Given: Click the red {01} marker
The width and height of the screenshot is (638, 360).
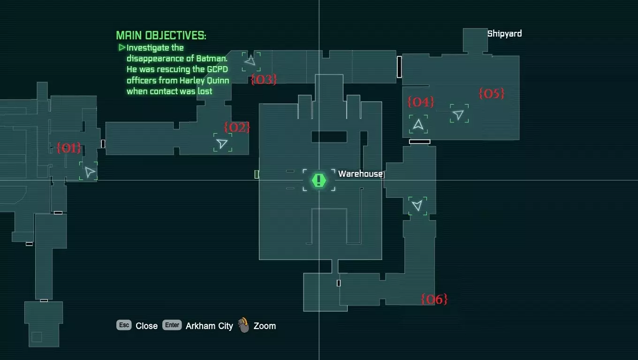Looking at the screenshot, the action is (x=68, y=148).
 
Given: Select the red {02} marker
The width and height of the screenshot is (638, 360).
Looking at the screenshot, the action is (x=237, y=127).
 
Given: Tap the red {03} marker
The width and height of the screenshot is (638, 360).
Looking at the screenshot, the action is (x=264, y=80).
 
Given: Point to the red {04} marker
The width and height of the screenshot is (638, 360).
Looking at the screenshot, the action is (x=421, y=102).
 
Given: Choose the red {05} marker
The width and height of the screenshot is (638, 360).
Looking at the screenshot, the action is (x=491, y=94).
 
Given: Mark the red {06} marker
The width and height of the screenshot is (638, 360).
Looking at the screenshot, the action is (x=434, y=299).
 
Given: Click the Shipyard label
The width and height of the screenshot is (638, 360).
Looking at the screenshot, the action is (x=504, y=34).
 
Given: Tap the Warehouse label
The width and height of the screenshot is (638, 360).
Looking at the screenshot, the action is (x=360, y=173).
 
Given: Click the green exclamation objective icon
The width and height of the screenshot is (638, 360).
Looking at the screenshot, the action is (x=319, y=180).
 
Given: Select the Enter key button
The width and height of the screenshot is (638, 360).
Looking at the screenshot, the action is (x=172, y=325).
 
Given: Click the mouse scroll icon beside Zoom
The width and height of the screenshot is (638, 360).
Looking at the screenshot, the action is (x=243, y=325).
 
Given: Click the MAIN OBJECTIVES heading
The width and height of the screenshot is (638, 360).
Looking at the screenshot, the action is (x=161, y=36).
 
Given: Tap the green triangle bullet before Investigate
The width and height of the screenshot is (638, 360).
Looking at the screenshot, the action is (x=122, y=47).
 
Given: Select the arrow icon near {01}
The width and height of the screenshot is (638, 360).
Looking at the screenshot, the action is (x=90, y=172).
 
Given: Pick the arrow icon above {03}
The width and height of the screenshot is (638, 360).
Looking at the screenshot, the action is (x=251, y=60).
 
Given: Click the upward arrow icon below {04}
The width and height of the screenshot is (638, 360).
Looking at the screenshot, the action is (x=418, y=124).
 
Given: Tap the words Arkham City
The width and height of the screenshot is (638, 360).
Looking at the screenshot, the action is (x=209, y=326).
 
